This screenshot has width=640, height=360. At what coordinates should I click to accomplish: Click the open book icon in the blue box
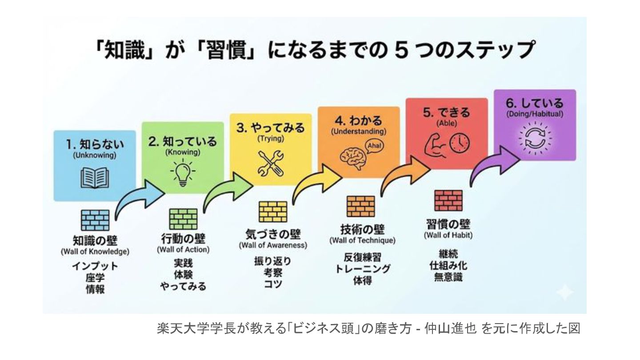tap(95, 178)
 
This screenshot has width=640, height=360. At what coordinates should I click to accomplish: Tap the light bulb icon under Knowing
tap(183, 172)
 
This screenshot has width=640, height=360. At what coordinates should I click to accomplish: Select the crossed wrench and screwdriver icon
tap(271, 163)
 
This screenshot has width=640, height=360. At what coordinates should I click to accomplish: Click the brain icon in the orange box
tap(353, 159)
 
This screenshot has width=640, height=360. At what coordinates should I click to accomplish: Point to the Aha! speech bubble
tap(374, 146)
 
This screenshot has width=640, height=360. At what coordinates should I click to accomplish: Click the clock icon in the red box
tap(460, 143)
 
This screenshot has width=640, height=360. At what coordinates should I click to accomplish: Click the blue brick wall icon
tap(95, 220)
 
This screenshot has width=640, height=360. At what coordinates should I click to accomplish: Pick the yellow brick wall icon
tap(273, 212)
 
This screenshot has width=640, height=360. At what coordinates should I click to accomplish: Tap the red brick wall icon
tap(448, 200)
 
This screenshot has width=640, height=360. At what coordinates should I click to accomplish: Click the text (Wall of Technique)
tap(362, 240)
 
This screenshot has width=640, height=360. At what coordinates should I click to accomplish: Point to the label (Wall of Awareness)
tap(273, 245)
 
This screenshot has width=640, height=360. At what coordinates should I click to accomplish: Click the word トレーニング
tap(362, 269)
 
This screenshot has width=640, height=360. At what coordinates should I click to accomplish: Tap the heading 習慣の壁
tap(448, 224)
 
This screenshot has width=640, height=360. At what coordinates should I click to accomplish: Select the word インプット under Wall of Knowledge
tap(95, 266)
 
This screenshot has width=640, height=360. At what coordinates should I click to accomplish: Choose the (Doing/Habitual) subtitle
tap(535, 114)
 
